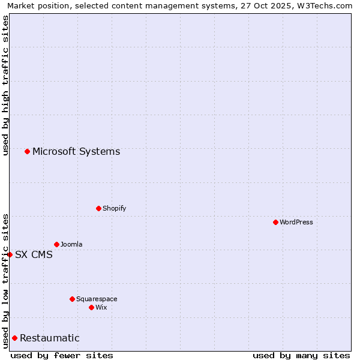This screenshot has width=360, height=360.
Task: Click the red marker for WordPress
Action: point(275,222)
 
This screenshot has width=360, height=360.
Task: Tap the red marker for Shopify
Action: point(98,208)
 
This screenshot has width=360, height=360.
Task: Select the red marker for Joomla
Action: point(56,244)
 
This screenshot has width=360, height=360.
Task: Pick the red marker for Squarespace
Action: point(72,299)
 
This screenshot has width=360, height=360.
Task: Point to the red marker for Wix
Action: point(91,307)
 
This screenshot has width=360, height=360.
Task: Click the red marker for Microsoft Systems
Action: point(27,151)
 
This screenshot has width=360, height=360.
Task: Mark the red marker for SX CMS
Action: point(10,254)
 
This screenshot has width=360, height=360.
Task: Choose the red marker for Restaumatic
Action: point(14,338)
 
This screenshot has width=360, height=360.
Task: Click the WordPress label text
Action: point(296,222)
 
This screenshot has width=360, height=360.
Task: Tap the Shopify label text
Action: point(115,208)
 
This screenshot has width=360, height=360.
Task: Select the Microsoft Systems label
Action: point(76,151)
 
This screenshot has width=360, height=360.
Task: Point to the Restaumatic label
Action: point(50,338)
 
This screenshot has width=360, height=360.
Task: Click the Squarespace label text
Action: point(97,299)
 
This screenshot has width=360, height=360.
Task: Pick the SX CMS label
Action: point(34,254)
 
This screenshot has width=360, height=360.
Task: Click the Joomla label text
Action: point(71,244)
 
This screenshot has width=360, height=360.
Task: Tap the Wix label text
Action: point(101,307)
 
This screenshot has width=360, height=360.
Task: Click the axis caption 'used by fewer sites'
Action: point(62,355)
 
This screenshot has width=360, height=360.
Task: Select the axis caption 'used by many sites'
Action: point(301,355)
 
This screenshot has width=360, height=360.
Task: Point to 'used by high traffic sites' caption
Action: point(5,85)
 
